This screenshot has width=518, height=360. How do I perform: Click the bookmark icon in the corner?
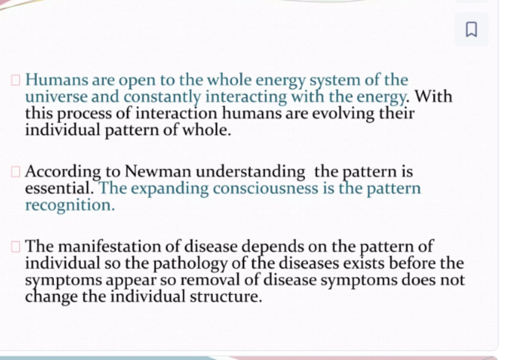point(471,29)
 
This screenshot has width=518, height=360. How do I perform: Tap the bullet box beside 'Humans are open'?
point(15,80)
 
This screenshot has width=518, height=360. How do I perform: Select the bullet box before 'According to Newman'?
point(15,172)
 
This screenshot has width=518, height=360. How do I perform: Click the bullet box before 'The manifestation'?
point(15,247)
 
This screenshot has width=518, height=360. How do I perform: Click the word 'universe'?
point(56,97)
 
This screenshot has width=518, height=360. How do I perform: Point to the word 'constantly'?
point(162,98)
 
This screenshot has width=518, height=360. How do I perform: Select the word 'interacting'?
point(246,98)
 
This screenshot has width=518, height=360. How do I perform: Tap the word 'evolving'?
point(343,114)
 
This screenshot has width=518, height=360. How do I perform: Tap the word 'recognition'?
point(70,206)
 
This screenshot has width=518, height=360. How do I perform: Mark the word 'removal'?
point(210,280)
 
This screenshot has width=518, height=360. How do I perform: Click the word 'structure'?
point(226,297)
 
